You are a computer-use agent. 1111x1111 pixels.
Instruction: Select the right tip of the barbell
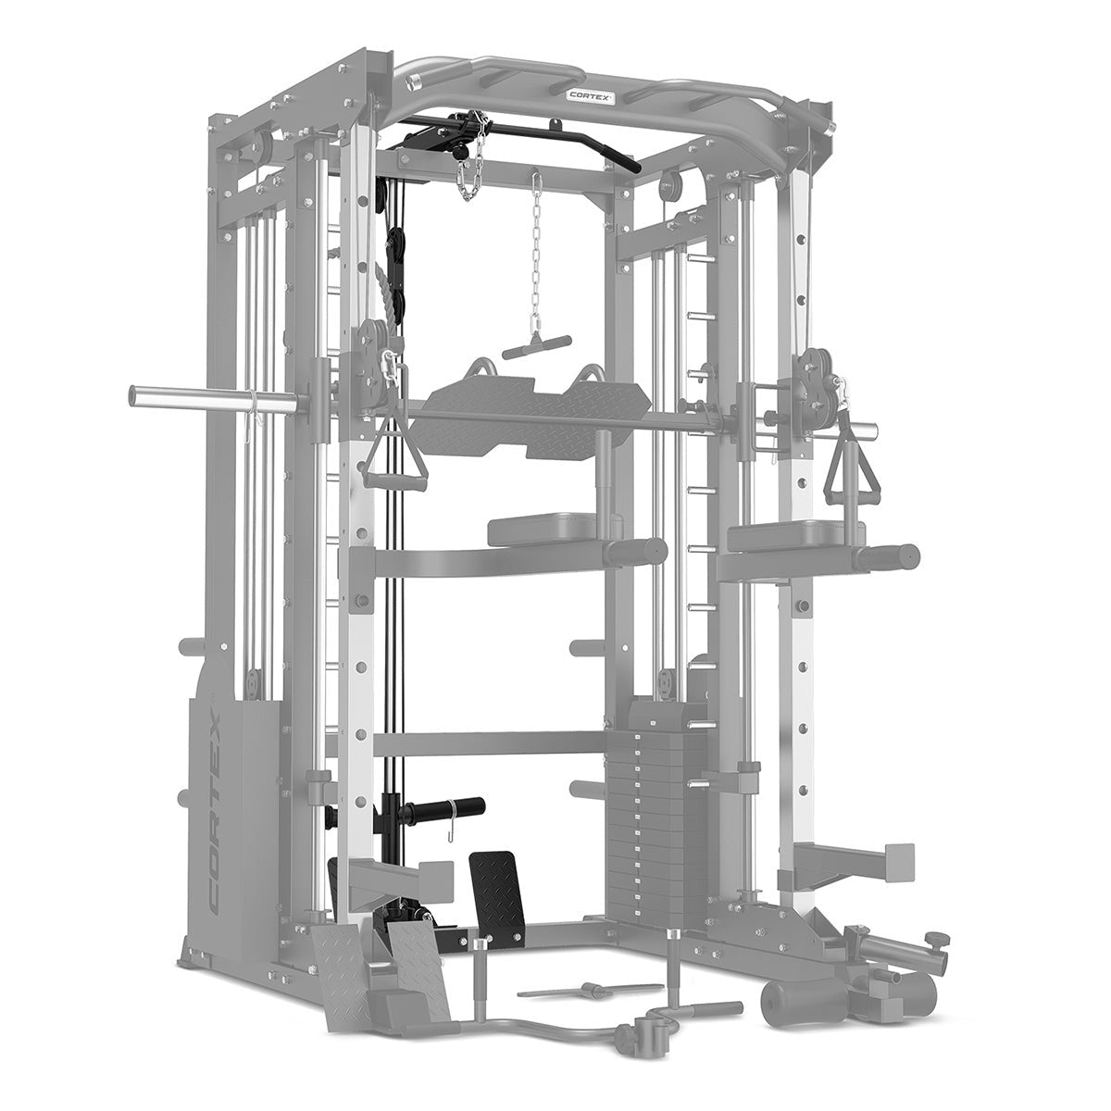pyautogui.click(x=870, y=429)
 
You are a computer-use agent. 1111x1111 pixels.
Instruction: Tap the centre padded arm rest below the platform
pyautogui.click(x=546, y=531)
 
